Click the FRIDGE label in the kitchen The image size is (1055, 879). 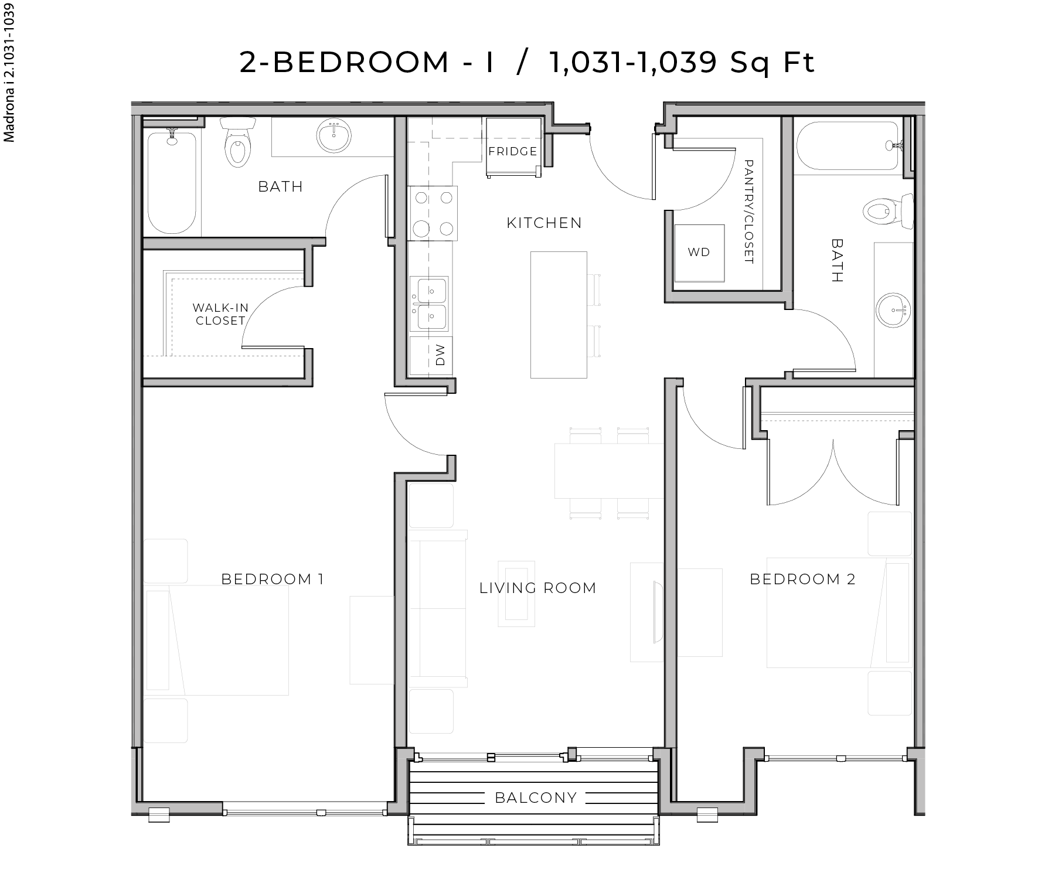513,151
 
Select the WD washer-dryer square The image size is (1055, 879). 699,252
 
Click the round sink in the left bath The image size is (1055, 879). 334,136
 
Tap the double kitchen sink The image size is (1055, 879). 430,304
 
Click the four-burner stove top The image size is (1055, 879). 433,213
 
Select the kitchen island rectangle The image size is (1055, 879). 559,315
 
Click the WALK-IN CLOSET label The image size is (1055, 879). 220,314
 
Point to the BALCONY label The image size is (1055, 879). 536,798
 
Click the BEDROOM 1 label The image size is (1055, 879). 273,579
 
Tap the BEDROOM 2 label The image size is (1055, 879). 802,579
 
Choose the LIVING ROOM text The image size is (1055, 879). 537,588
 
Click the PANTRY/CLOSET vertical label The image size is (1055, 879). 748,212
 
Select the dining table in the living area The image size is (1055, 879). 608,471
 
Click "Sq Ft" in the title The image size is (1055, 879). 772,62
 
